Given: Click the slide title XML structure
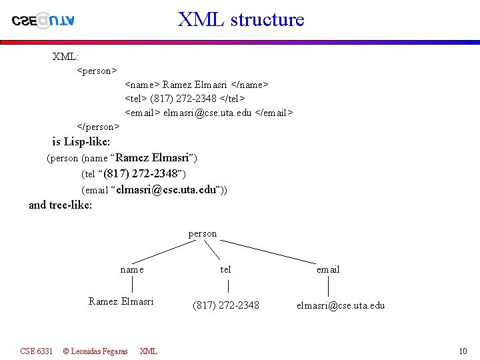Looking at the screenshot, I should (x=241, y=19).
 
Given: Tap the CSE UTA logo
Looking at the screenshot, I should (x=43, y=20).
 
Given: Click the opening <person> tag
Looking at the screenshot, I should (x=97, y=69).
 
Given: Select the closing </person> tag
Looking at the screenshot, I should (x=99, y=126).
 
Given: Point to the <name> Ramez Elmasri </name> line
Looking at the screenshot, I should (x=197, y=85).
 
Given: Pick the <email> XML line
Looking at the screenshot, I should (x=209, y=113).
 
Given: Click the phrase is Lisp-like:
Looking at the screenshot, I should (x=81, y=141).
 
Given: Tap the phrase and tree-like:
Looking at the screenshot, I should (x=60, y=205).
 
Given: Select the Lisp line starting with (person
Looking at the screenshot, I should (x=122, y=158).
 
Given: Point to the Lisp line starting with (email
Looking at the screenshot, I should (x=154, y=190).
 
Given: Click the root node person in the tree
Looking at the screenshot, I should (x=203, y=233).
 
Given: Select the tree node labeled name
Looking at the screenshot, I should (x=132, y=269).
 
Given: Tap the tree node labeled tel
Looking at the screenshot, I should (x=226, y=269).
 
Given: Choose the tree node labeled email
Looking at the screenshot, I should (x=328, y=269).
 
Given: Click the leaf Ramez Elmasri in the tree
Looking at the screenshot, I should (x=121, y=301).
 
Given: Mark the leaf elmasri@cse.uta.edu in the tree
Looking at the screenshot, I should (x=341, y=305).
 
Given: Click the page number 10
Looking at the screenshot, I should (x=463, y=351).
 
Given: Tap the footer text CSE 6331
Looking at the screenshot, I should (x=37, y=351).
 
